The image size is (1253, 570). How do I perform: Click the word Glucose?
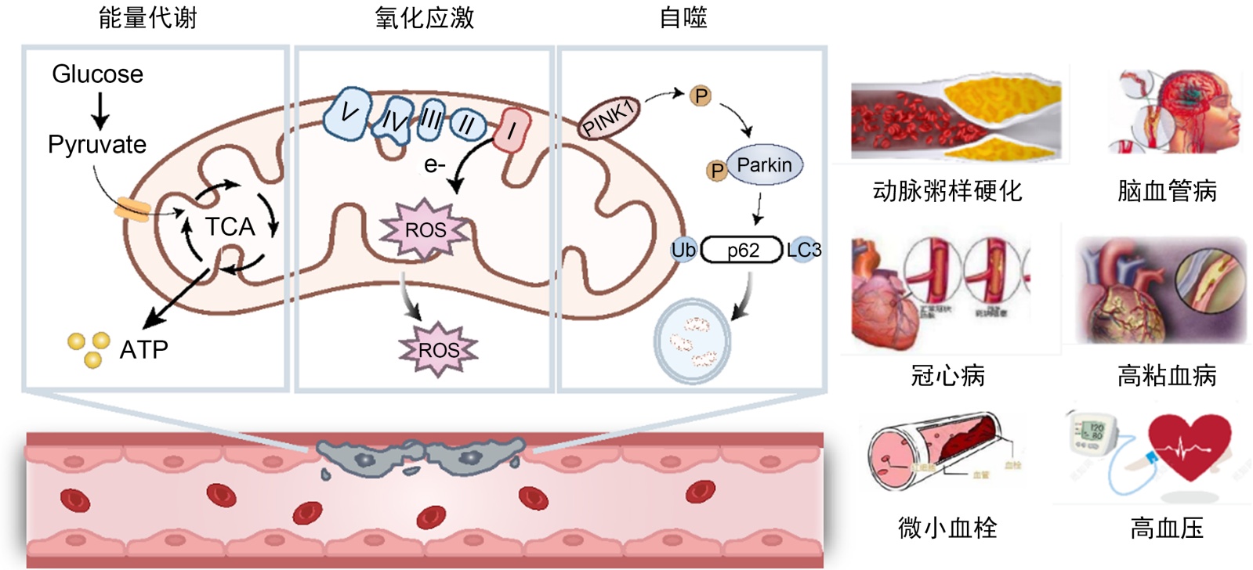(x=98, y=74)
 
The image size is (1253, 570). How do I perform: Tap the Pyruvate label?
(x=97, y=145)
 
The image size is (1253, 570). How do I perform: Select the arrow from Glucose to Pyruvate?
(x=100, y=110)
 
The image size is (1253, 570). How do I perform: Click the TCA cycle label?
(x=230, y=227)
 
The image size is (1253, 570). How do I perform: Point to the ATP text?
(x=143, y=349)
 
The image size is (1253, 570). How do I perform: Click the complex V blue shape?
(x=347, y=114)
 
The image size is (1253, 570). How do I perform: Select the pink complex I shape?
(x=512, y=130)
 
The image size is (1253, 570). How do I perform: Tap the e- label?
(x=434, y=165)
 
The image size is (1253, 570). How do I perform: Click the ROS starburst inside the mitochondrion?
(x=426, y=230)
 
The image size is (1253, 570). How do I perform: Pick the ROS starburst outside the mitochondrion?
(x=439, y=350)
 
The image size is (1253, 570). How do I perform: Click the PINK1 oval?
(x=609, y=118)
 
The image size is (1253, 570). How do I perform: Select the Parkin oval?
(x=764, y=165)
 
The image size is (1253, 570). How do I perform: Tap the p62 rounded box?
(x=742, y=251)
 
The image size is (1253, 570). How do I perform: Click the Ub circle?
(x=683, y=250)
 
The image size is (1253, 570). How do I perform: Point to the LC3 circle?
(x=804, y=250)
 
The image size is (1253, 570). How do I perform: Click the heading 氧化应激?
(x=424, y=18)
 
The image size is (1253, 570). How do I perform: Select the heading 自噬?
(x=683, y=18)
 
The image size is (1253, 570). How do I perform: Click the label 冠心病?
(x=947, y=377)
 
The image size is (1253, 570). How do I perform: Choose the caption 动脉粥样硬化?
(x=947, y=191)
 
